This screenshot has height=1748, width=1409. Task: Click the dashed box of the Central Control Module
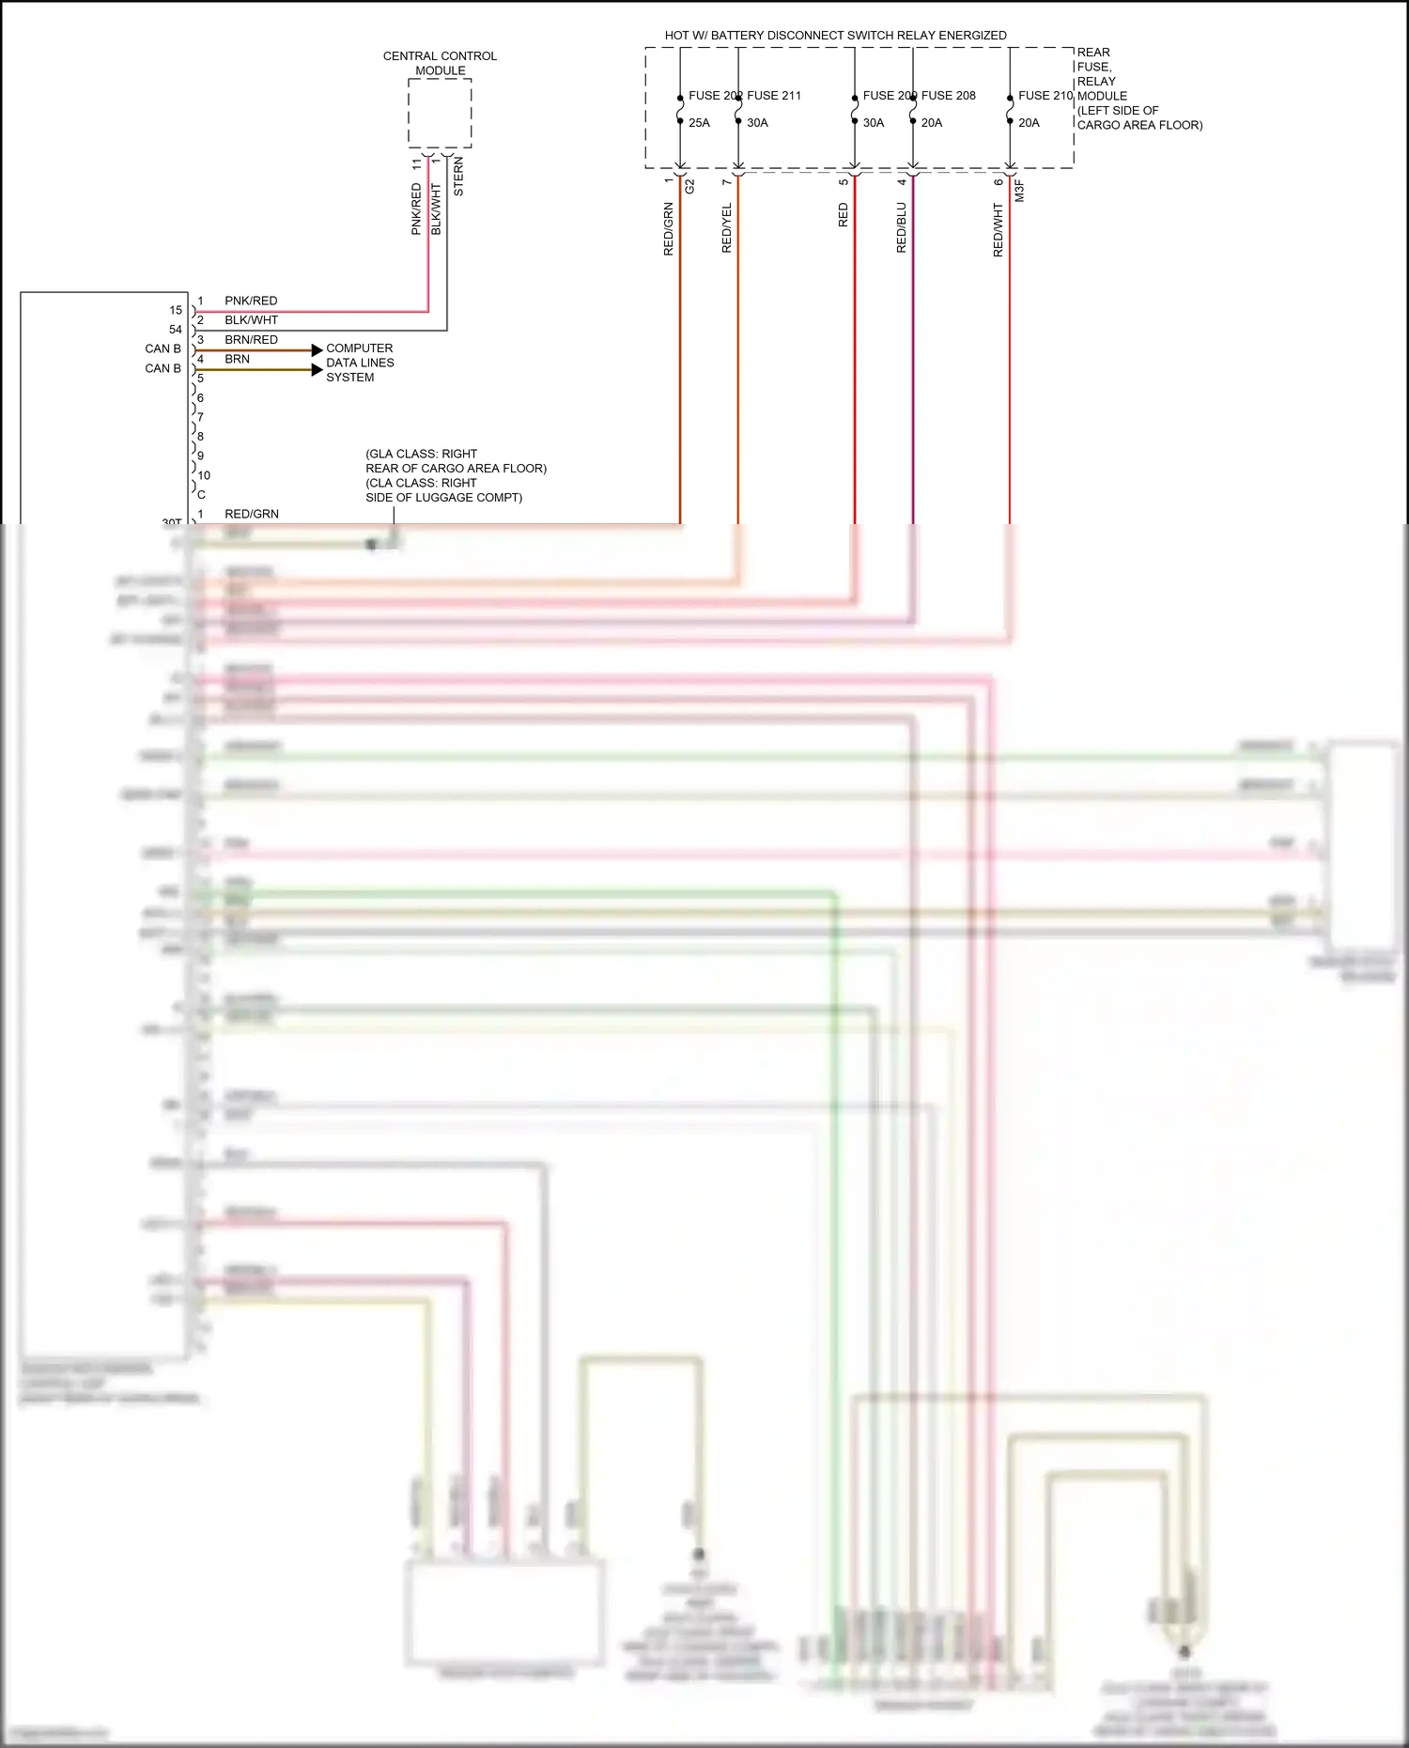(x=440, y=113)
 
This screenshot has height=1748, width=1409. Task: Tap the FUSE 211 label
(x=774, y=96)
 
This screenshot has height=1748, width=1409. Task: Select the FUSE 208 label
(x=948, y=96)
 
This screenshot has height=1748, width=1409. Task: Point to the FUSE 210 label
(x=1045, y=96)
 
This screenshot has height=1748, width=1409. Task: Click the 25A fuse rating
(x=699, y=123)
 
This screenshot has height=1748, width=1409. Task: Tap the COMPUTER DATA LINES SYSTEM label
(x=360, y=363)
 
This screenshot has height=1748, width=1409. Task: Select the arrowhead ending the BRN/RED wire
(x=317, y=350)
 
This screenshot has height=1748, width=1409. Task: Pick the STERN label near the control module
(x=458, y=177)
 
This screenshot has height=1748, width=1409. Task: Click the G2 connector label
(x=689, y=186)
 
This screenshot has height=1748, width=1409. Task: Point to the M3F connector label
(x=1019, y=191)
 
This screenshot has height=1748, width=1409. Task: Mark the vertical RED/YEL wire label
(x=726, y=228)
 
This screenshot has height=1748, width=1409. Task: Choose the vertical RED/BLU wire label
(x=902, y=228)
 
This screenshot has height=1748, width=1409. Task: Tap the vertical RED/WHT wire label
(x=998, y=231)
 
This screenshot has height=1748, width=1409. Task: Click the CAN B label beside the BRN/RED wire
(x=163, y=348)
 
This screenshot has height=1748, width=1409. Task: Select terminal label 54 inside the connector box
(x=176, y=330)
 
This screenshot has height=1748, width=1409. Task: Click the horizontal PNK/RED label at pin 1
(x=251, y=301)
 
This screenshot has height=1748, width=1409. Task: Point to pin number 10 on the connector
(x=204, y=475)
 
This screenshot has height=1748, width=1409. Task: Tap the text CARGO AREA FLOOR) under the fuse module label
(x=1139, y=125)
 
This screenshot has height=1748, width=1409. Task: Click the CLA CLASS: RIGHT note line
(x=421, y=483)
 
